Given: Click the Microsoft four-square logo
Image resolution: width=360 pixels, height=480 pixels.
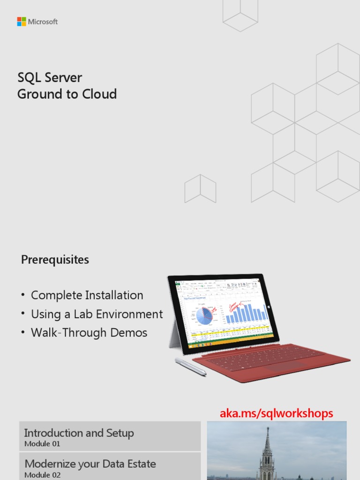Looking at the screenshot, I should tap(22, 22).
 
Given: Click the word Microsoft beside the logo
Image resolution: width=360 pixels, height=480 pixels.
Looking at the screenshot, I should tap(43, 22).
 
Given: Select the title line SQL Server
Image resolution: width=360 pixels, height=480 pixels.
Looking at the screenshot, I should tap(50, 77).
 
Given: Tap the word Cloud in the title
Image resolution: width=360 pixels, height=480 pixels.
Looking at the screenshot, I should tap(99, 94).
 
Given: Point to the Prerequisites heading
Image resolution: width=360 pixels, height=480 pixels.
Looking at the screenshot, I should tap(55, 260).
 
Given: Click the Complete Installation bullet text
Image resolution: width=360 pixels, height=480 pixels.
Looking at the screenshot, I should tap(87, 295).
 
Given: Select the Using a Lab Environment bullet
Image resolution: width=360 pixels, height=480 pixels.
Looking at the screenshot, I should tap(97, 314).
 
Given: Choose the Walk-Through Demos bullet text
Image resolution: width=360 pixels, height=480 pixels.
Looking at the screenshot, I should tap(89, 333).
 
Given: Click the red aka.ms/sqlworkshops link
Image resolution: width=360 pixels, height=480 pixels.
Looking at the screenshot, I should tap(277, 413).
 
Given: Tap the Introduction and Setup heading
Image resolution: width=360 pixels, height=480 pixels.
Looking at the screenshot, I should tap(79, 433).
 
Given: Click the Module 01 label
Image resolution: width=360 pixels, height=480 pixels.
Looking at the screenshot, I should tap(42, 444).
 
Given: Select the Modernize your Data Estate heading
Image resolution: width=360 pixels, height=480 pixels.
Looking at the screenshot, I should tap(90, 464).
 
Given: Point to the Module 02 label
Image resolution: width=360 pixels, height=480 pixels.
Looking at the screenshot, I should tap(42, 475).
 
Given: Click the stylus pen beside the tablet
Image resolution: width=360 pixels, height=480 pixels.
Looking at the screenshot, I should tap(190, 367).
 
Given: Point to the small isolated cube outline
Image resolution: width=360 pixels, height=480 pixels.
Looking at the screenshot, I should tap(200, 188).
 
